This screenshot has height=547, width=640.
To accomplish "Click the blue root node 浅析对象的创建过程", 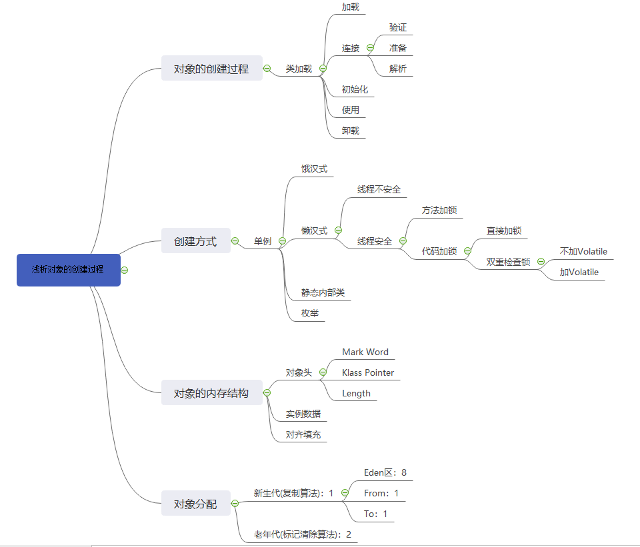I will coord(69,270).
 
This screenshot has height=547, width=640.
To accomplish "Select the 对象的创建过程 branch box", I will coord(211,69).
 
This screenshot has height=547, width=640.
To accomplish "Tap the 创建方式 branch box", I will coord(195,241).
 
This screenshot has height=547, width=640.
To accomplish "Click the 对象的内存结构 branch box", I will coord(211,393).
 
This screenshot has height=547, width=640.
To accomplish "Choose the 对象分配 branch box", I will coord(195,504).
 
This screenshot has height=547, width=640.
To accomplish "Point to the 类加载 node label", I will coord(299,69).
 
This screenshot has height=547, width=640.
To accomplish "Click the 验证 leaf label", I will coord(398,28).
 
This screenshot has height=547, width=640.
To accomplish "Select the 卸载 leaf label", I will coord(351,131).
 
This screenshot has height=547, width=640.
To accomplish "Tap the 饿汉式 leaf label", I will coord(314,169).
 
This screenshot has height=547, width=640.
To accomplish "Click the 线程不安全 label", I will coord(379,190).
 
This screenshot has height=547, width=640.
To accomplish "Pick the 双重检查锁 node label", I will coord(508,262).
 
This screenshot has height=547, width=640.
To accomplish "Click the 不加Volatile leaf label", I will coord(583,251).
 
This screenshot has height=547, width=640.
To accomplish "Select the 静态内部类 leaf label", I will coord(323,292).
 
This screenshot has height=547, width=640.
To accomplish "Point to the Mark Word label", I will coord(365,352).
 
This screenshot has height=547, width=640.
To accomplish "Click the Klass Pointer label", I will coord(368,372).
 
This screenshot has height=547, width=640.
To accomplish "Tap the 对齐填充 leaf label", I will coord(303,434).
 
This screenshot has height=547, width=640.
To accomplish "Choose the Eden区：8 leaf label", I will coord(385,473).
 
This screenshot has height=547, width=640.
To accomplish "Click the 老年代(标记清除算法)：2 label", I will coord(302,534).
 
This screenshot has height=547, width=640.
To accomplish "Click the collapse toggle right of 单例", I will coord(282,241).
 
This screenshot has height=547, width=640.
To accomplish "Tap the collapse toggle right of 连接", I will coord(370,48).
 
